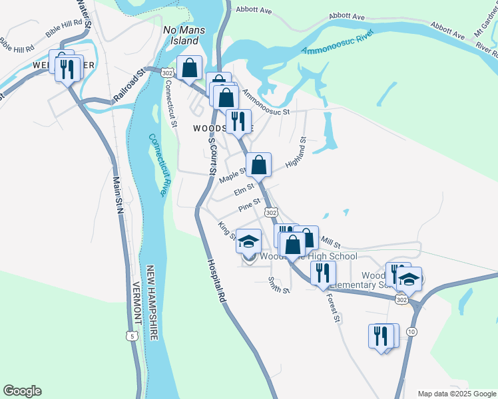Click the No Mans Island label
pos(181,35)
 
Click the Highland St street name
pos(294,153)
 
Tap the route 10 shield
pos(411,331)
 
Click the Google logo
pos(22,391)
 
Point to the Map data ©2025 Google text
pos(457,394)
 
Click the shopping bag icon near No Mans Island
pos(189,67)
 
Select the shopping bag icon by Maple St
pos(258,164)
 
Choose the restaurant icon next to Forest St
pos(323,273)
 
